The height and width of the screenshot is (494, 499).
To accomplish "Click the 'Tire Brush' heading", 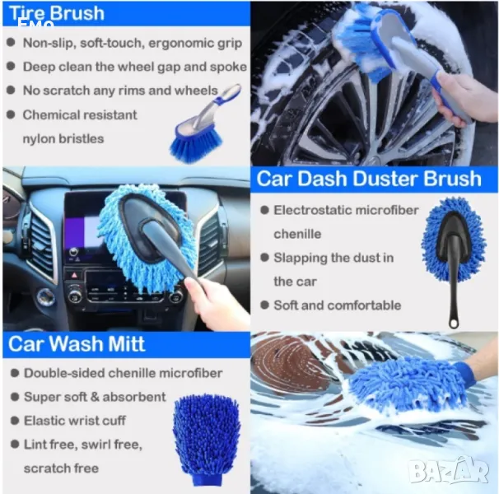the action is (x=57, y=13).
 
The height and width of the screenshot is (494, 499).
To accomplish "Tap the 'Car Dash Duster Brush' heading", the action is (x=369, y=179).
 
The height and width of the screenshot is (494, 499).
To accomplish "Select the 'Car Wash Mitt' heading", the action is (x=77, y=344).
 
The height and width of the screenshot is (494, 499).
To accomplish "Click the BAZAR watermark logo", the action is (x=449, y=469).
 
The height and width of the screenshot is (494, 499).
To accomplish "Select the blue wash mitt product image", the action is (x=207, y=440).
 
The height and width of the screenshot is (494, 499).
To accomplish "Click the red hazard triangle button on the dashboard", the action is (x=74, y=275).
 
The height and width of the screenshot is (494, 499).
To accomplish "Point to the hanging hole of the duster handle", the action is (x=454, y=324).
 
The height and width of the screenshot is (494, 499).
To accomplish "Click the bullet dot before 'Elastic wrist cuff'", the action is (x=15, y=421).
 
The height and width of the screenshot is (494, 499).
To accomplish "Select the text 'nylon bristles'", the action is (x=63, y=139).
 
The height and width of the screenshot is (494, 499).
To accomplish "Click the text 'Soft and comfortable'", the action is (x=338, y=305).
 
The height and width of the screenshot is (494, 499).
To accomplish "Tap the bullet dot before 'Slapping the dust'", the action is (x=265, y=257).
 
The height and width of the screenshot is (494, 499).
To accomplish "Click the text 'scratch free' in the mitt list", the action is (x=61, y=468).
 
